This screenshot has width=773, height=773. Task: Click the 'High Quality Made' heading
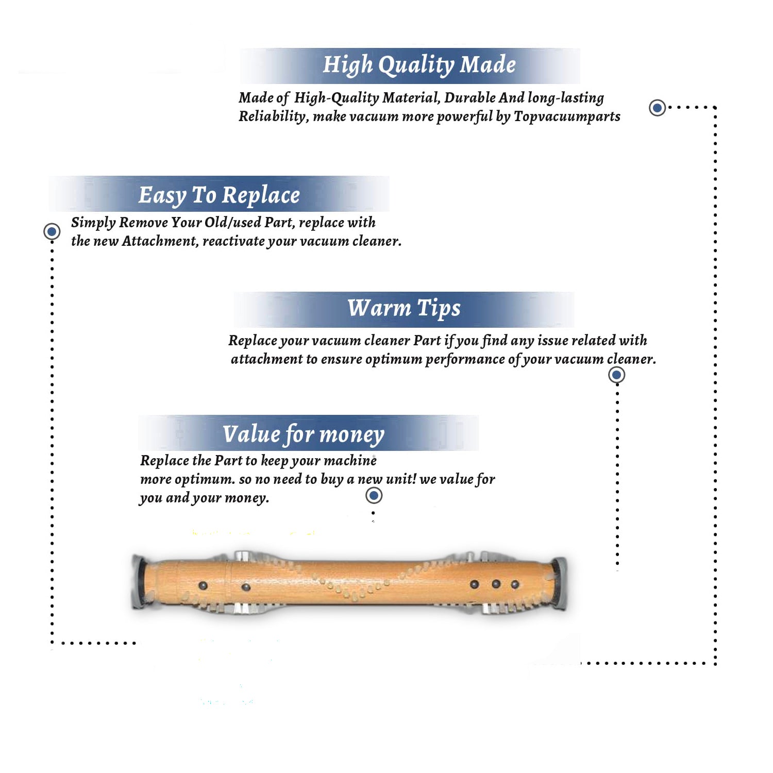(x=419, y=65)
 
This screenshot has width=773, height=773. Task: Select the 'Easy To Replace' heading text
(x=219, y=196)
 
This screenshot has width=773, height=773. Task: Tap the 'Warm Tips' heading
(x=404, y=309)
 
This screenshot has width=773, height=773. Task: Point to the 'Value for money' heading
(x=303, y=434)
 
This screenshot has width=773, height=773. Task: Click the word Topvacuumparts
(x=567, y=117)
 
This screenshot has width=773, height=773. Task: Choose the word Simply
(x=93, y=223)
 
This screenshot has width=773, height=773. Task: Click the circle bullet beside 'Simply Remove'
(x=52, y=231)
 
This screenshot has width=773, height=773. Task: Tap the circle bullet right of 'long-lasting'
(x=657, y=108)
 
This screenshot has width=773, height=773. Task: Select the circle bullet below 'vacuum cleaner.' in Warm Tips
(x=616, y=375)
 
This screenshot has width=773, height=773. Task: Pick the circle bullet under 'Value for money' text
(x=374, y=496)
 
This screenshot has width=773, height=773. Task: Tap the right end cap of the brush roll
(x=559, y=583)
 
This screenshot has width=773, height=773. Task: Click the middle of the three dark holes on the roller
(x=496, y=584)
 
